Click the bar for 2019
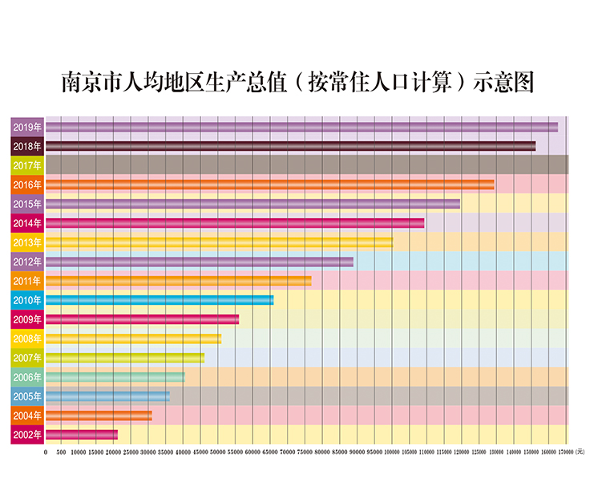[301, 127]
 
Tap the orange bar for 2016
[269, 185]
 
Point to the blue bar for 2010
[160, 300]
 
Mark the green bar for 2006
[115, 377]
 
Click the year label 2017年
[27, 165]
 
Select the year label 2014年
[27, 223]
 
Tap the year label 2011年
[27, 281]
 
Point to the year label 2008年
[27, 339]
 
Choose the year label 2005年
[27, 396]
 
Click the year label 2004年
[27, 416]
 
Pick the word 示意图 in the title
[503, 83]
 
